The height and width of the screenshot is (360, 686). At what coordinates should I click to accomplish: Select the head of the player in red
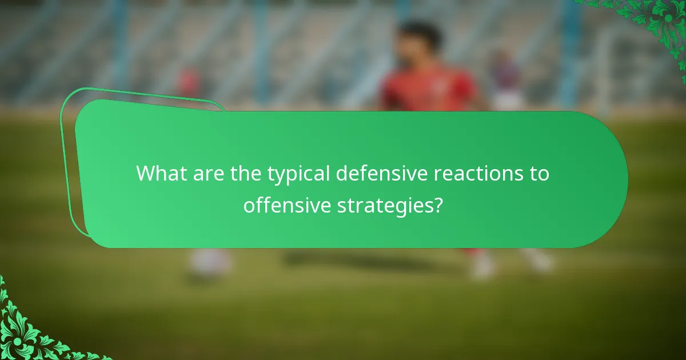(x=420, y=40)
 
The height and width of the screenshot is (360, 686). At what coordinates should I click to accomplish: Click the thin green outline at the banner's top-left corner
(x=71, y=100)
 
